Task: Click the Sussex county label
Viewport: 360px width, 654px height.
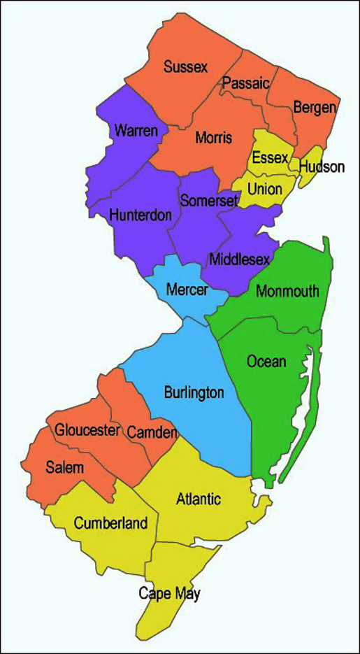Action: pyautogui.click(x=186, y=68)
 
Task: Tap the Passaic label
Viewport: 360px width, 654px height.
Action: pyautogui.click(x=246, y=84)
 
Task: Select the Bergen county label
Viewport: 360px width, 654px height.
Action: pyautogui.click(x=315, y=108)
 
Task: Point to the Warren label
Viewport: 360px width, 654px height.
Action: pyautogui.click(x=136, y=131)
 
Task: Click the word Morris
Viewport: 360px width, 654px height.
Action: pyautogui.click(x=214, y=138)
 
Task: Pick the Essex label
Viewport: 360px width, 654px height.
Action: pyautogui.click(x=270, y=158)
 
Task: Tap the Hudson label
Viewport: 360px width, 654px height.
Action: pyautogui.click(x=322, y=167)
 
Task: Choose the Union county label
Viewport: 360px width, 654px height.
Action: pyautogui.click(x=265, y=189)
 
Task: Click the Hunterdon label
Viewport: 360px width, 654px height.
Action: pyautogui.click(x=141, y=215)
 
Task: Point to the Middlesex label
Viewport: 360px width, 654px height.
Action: pyautogui.click(x=239, y=260)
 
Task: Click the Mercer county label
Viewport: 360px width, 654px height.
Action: pyautogui.click(x=187, y=289)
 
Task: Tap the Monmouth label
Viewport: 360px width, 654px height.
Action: pyautogui.click(x=287, y=291)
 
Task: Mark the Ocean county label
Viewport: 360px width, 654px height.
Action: pyautogui.click(x=266, y=362)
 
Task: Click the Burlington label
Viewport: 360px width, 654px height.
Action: pyautogui.click(x=194, y=392)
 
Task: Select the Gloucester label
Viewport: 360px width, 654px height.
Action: pyautogui.click(x=87, y=431)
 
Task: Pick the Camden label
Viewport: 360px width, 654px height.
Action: pyautogui.click(x=152, y=433)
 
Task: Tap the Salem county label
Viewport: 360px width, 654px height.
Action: pyautogui.click(x=65, y=467)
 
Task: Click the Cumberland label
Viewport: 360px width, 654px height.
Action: pyautogui.click(x=110, y=523)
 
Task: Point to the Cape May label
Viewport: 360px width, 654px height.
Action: pyautogui.click(x=169, y=594)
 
